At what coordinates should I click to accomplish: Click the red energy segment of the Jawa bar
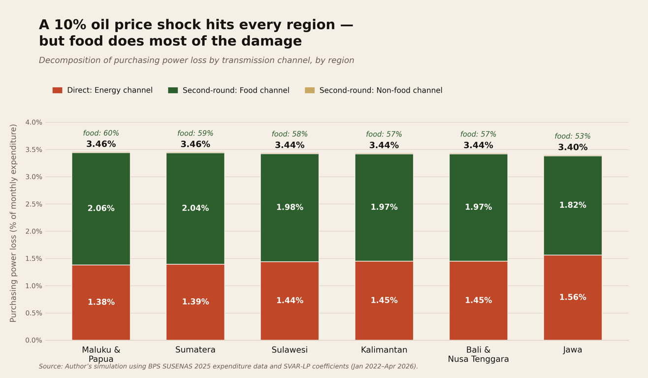[573, 315]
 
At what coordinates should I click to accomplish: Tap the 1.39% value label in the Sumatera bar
[195, 302]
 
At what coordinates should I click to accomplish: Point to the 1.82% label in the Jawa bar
[573, 205]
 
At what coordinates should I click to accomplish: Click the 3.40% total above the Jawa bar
[573, 148]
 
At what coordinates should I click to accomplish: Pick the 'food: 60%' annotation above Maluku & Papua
[101, 133]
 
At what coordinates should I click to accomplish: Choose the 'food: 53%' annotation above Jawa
[573, 136]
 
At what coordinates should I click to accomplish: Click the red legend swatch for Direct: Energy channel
[58, 91]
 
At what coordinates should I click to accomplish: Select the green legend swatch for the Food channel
[173, 91]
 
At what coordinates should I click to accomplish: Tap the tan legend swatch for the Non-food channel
[310, 91]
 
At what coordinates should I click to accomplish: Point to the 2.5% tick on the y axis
[34, 204]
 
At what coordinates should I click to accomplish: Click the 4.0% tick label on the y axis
[34, 123]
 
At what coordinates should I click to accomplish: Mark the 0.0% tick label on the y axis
[34, 341]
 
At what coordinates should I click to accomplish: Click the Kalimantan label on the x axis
[384, 350]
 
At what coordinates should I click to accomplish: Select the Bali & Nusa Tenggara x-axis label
[478, 355]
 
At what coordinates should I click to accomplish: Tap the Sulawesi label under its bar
[290, 350]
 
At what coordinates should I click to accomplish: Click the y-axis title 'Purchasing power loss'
[14, 223]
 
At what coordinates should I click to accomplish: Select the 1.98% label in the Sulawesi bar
[290, 208]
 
